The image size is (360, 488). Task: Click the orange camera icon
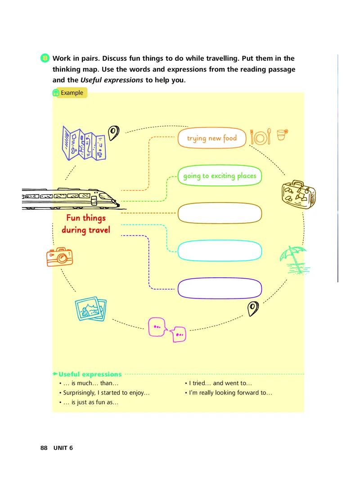tap(59, 257)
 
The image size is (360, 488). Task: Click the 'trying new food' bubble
tap(212, 138)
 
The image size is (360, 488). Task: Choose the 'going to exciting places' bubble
tap(220, 176)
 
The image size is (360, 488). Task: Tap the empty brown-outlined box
tap(220, 213)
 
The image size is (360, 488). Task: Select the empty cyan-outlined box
tap(220, 251)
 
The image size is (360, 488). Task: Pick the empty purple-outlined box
tap(220, 288)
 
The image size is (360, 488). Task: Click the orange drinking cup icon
tap(282, 135)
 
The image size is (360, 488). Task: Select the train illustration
tap(72, 199)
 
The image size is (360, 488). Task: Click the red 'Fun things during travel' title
tap(86, 224)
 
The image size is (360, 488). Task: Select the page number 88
tap(44, 448)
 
